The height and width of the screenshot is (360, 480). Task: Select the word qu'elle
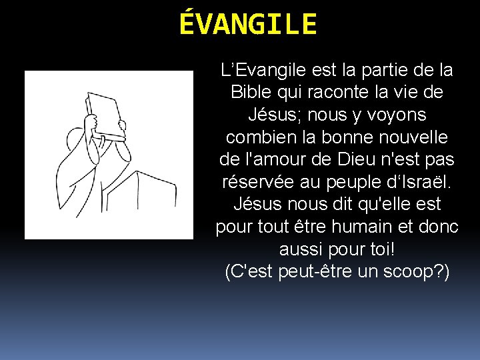coord(389,205)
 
